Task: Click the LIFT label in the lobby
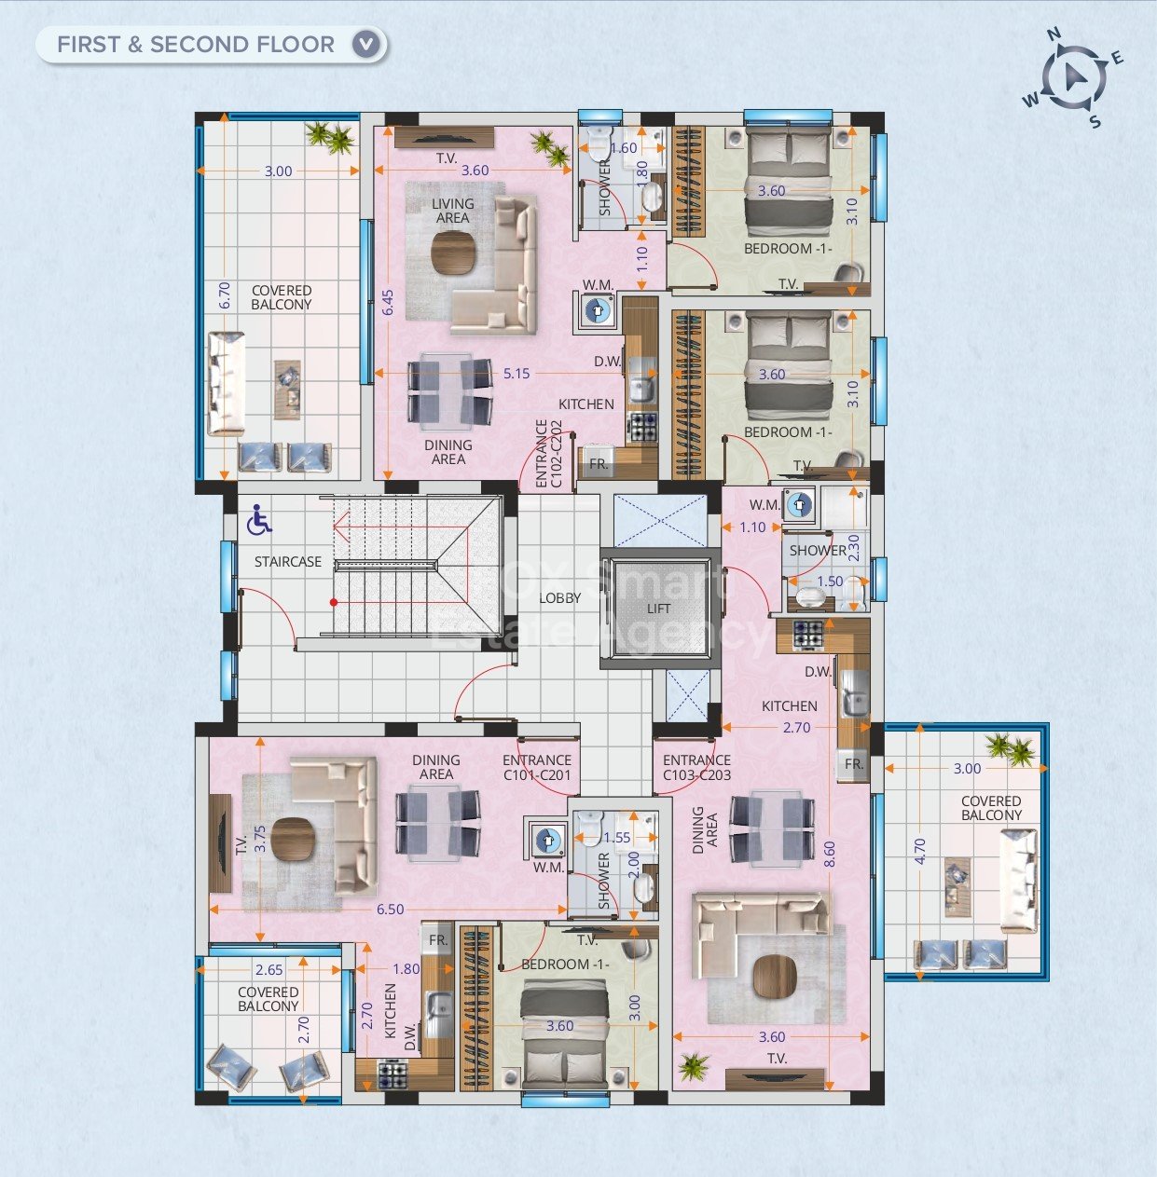[x=658, y=609]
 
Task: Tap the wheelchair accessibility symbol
[x=259, y=521]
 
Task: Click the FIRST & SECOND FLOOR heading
[x=196, y=44]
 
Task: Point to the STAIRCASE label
[x=288, y=562]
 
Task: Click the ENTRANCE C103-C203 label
[x=696, y=768]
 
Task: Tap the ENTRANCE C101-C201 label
[x=537, y=768]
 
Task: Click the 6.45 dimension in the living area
[x=389, y=303]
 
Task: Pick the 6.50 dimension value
[x=390, y=910]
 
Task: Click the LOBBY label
[x=560, y=598]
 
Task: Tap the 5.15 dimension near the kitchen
[x=517, y=374]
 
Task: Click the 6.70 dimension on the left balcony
[x=224, y=296]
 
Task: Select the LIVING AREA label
[x=453, y=211]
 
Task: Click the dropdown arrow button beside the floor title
[x=367, y=44]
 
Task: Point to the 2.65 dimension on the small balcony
[x=269, y=970]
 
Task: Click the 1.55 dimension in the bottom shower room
[x=616, y=839]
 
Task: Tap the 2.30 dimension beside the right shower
[x=853, y=546]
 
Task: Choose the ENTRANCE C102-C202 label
[x=548, y=454]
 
